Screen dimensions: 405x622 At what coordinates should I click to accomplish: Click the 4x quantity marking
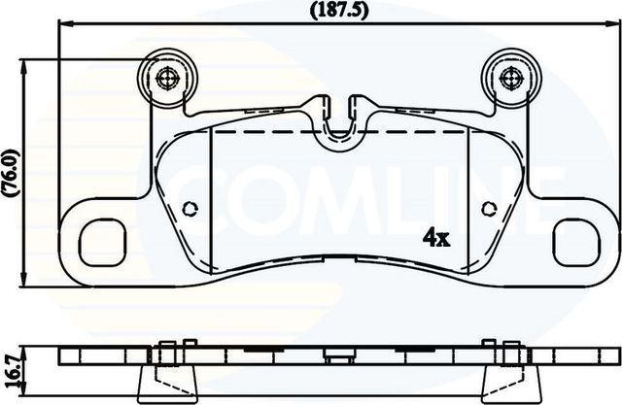pos(433,236)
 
